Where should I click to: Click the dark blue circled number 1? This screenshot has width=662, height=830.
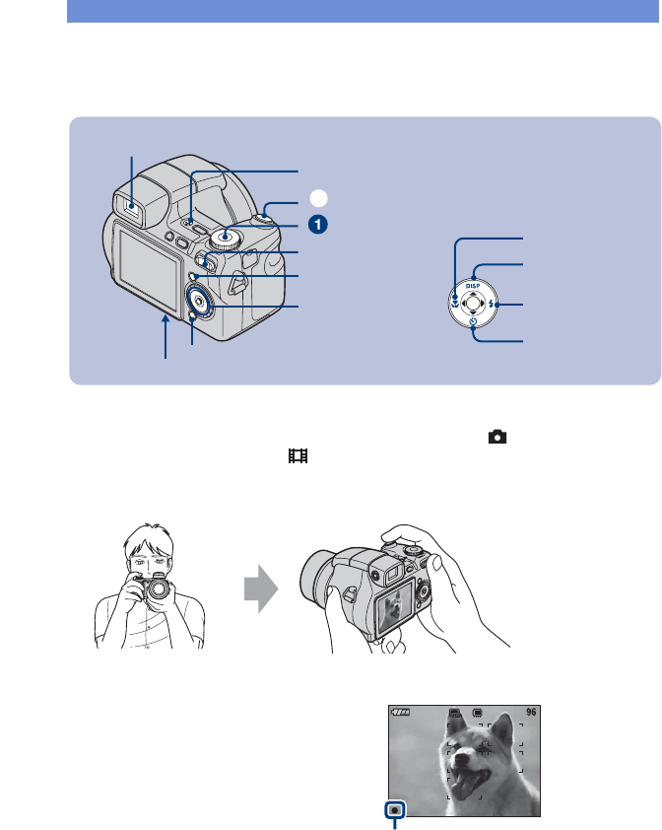click(x=316, y=225)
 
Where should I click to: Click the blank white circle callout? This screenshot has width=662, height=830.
click(x=316, y=197)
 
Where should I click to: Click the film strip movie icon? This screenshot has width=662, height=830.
click(x=297, y=456)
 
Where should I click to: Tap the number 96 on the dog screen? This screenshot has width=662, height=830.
click(x=531, y=713)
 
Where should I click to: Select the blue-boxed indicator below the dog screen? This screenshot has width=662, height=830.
click(x=395, y=809)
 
